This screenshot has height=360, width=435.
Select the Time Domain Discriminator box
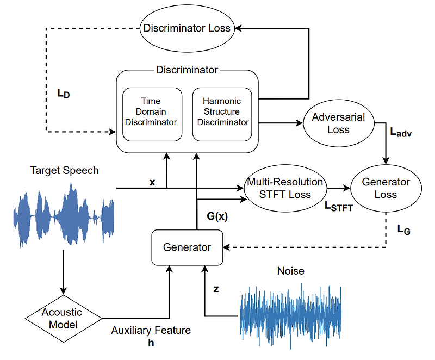[151, 112]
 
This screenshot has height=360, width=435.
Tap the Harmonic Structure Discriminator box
[222, 112]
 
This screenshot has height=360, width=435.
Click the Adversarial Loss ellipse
[338, 123]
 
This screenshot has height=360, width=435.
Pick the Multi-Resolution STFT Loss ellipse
[285, 188]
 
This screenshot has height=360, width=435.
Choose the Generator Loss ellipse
[387, 188]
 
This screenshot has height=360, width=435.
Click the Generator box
[187, 247]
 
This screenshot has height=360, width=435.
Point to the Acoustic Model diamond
[64, 318]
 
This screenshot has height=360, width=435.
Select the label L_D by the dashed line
[63, 93]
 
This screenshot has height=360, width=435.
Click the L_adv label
[401, 132]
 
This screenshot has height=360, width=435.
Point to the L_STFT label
[338, 207]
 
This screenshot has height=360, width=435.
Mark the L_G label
[403, 230]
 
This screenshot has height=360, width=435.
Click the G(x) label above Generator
[216, 216]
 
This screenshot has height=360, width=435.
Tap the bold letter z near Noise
[216, 289]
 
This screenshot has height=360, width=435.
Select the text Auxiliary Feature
[151, 331]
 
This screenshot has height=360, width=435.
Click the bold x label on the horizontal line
[152, 182]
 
